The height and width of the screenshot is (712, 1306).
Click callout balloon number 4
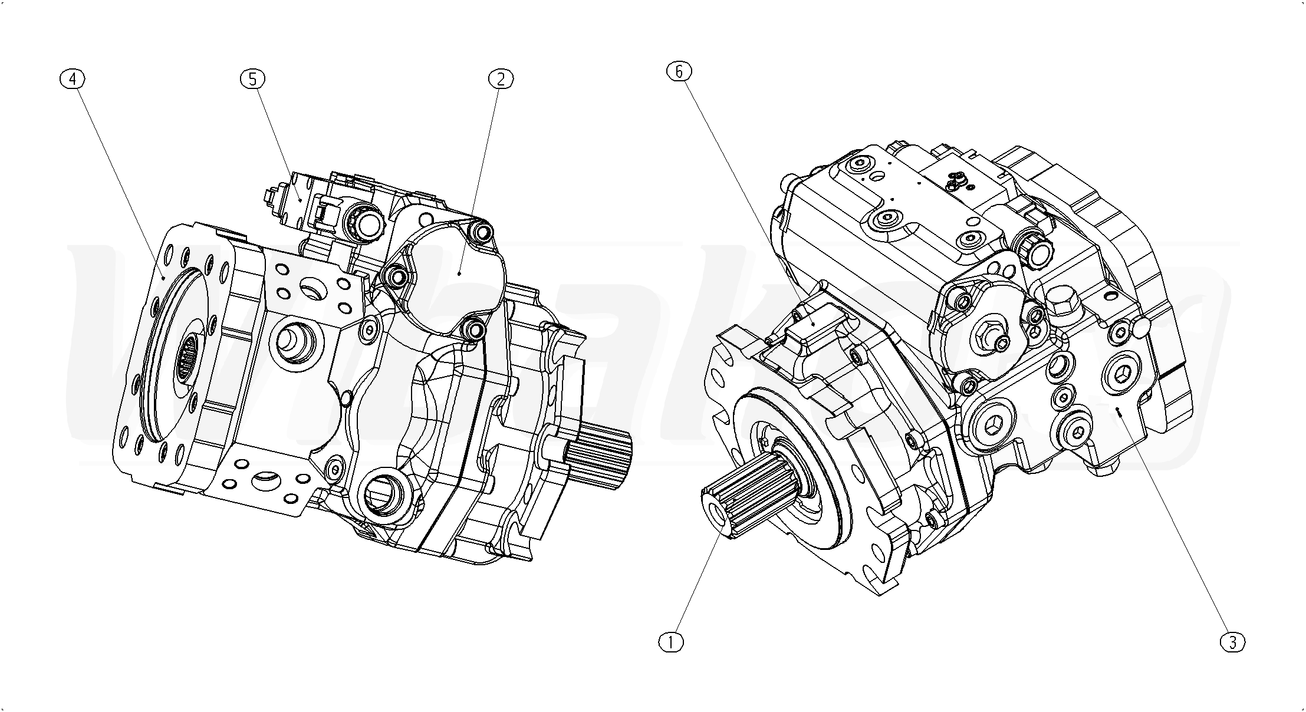(x=73, y=78)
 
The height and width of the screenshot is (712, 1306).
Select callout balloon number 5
(x=253, y=78)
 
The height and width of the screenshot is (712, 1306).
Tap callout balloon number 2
(x=501, y=78)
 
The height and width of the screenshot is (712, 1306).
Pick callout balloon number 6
(x=679, y=71)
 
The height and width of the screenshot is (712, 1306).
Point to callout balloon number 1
(x=670, y=642)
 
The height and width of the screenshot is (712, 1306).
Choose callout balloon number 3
(x=1233, y=642)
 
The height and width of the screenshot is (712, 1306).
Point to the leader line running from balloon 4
(x=118, y=177)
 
